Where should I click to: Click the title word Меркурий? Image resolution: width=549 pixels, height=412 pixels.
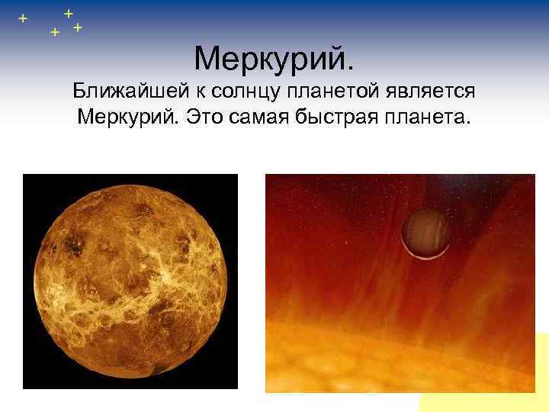coord(271,57)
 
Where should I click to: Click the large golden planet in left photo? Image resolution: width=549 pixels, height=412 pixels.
coord(130,282)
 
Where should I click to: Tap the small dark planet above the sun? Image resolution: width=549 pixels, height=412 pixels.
coord(425,234)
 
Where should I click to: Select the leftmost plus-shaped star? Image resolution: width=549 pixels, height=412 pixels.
coord(23,18)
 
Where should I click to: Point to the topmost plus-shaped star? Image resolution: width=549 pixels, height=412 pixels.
coord(69,12)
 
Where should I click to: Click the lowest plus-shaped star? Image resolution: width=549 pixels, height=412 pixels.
coord(54,33)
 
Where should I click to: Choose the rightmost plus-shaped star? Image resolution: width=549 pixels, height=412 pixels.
coord(78,27)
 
